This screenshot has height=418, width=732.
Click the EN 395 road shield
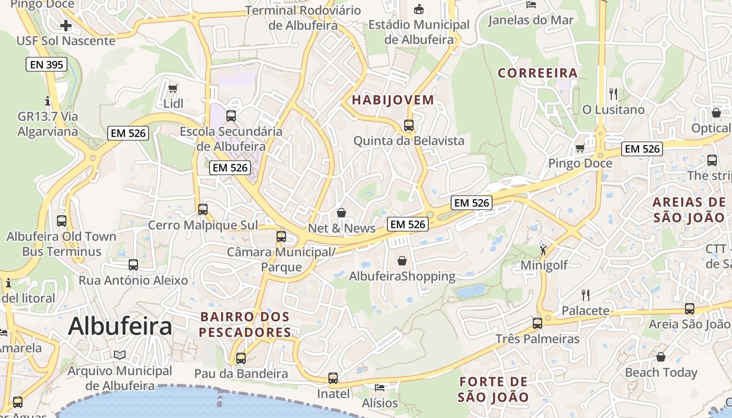tap(47, 65)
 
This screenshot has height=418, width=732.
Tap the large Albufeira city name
tap(120, 327)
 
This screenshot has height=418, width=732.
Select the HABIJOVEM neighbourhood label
tap(393, 100)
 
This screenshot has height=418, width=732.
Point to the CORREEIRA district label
tap(537, 73)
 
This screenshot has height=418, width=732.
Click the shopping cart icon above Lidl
tap(173, 88)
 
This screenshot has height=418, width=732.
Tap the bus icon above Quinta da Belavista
tap(409, 125)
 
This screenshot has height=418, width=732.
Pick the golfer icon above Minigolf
tap(544, 250)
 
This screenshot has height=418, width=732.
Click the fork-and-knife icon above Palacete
tap(586, 295)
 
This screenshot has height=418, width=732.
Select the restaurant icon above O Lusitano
tap(613, 94)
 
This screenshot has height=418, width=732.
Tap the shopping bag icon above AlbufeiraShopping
tap(402, 260)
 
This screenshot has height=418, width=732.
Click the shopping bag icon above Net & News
tap(341, 213)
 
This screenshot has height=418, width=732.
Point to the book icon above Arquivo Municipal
tap(120, 355)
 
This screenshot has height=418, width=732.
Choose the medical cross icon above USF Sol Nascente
tap(66, 25)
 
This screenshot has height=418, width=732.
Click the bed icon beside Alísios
tap(380, 388)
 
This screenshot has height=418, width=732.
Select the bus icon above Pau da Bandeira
tap(241, 358)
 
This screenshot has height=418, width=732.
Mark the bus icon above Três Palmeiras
tap(537, 323)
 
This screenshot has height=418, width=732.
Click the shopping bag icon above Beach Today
tap(661, 357)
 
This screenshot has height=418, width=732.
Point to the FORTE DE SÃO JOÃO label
tap(494, 389)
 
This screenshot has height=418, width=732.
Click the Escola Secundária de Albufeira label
tap(231, 139)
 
